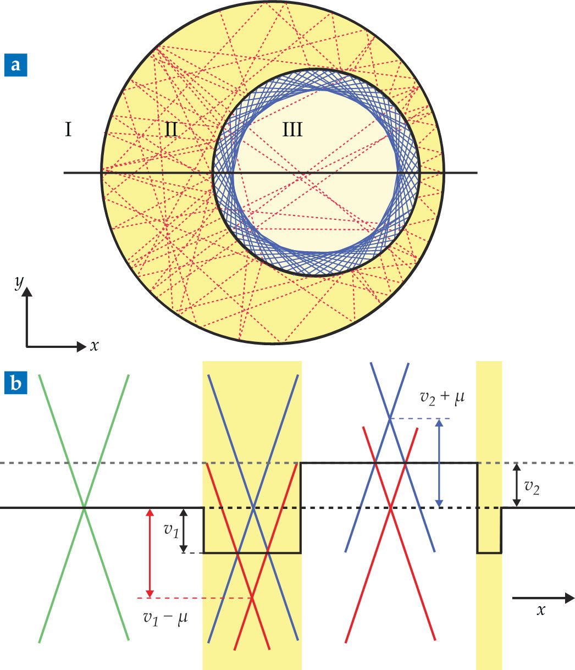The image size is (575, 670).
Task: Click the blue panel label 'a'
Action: (15, 65)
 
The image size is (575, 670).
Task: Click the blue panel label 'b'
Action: (15, 383)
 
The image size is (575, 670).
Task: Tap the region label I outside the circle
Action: (68, 129)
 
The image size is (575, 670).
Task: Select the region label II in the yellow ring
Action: (171, 129)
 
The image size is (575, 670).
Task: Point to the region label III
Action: (292, 129)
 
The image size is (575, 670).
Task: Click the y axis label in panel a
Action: (19, 283)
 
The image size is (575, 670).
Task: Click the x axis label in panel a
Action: (94, 346)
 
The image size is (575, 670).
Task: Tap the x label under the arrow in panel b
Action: (540, 610)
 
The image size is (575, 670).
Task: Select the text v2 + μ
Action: (442, 398)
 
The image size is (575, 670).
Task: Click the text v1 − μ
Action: (165, 618)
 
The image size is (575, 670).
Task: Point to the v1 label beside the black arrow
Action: (171, 530)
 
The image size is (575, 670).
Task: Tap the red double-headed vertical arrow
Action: (150, 553)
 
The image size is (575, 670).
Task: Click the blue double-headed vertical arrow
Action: (439, 463)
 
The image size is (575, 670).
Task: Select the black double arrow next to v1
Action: (184, 530)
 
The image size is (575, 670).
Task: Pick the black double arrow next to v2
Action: (517, 485)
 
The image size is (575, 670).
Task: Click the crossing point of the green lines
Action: (84, 508)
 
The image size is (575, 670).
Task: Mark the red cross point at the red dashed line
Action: (252, 597)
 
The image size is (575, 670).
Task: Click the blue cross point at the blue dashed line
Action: (390, 418)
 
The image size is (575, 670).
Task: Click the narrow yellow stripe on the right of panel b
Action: (489, 516)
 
